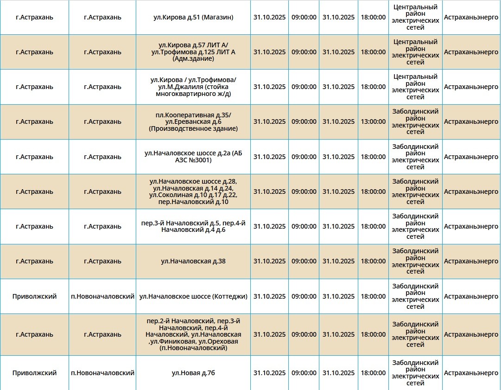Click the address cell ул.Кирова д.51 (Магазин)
pyautogui.click(x=193, y=17)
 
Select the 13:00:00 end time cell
pyautogui.click(x=373, y=121)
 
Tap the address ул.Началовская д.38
pyautogui.click(x=193, y=261)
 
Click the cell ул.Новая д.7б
pyautogui.click(x=193, y=373)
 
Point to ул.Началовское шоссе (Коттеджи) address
pyautogui.click(x=193, y=296)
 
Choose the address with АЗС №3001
pyautogui.click(x=193, y=157)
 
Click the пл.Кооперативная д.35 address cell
pyautogui.click(x=193, y=121)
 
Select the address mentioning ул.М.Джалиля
pyautogui.click(x=193, y=87)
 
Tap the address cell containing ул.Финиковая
pyautogui.click(x=193, y=334)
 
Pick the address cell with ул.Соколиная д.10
pyautogui.click(x=193, y=192)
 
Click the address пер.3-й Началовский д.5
pyautogui.click(x=193, y=226)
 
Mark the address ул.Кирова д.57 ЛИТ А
pyautogui.click(x=193, y=52)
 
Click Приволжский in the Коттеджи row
pyautogui.click(x=34, y=296)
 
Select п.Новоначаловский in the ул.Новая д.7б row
pyautogui.click(x=102, y=373)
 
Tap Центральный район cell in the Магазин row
pyautogui.click(x=415, y=17)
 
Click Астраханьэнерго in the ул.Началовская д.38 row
pyautogui.click(x=471, y=261)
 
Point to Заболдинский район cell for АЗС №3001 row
pyautogui.click(x=415, y=157)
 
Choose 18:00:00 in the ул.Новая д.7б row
pyautogui.click(x=373, y=373)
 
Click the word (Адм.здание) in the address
pyautogui.click(x=193, y=59)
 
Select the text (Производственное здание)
pyautogui.click(x=193, y=128)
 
